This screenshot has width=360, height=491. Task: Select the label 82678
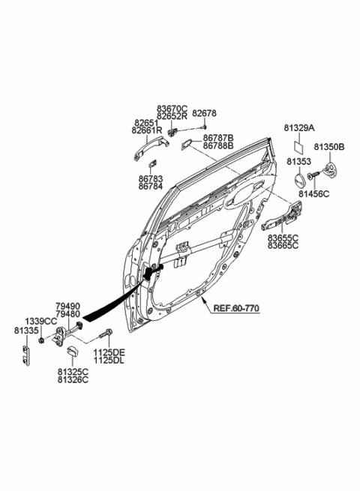click(203, 113)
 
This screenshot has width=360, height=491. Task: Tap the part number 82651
click(145, 122)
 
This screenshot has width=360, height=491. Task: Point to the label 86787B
click(217, 138)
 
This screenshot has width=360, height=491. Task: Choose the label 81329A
click(298, 128)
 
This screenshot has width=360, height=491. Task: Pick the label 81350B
click(328, 148)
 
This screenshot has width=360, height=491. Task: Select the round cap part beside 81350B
click(332, 169)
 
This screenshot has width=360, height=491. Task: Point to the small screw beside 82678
click(202, 128)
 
